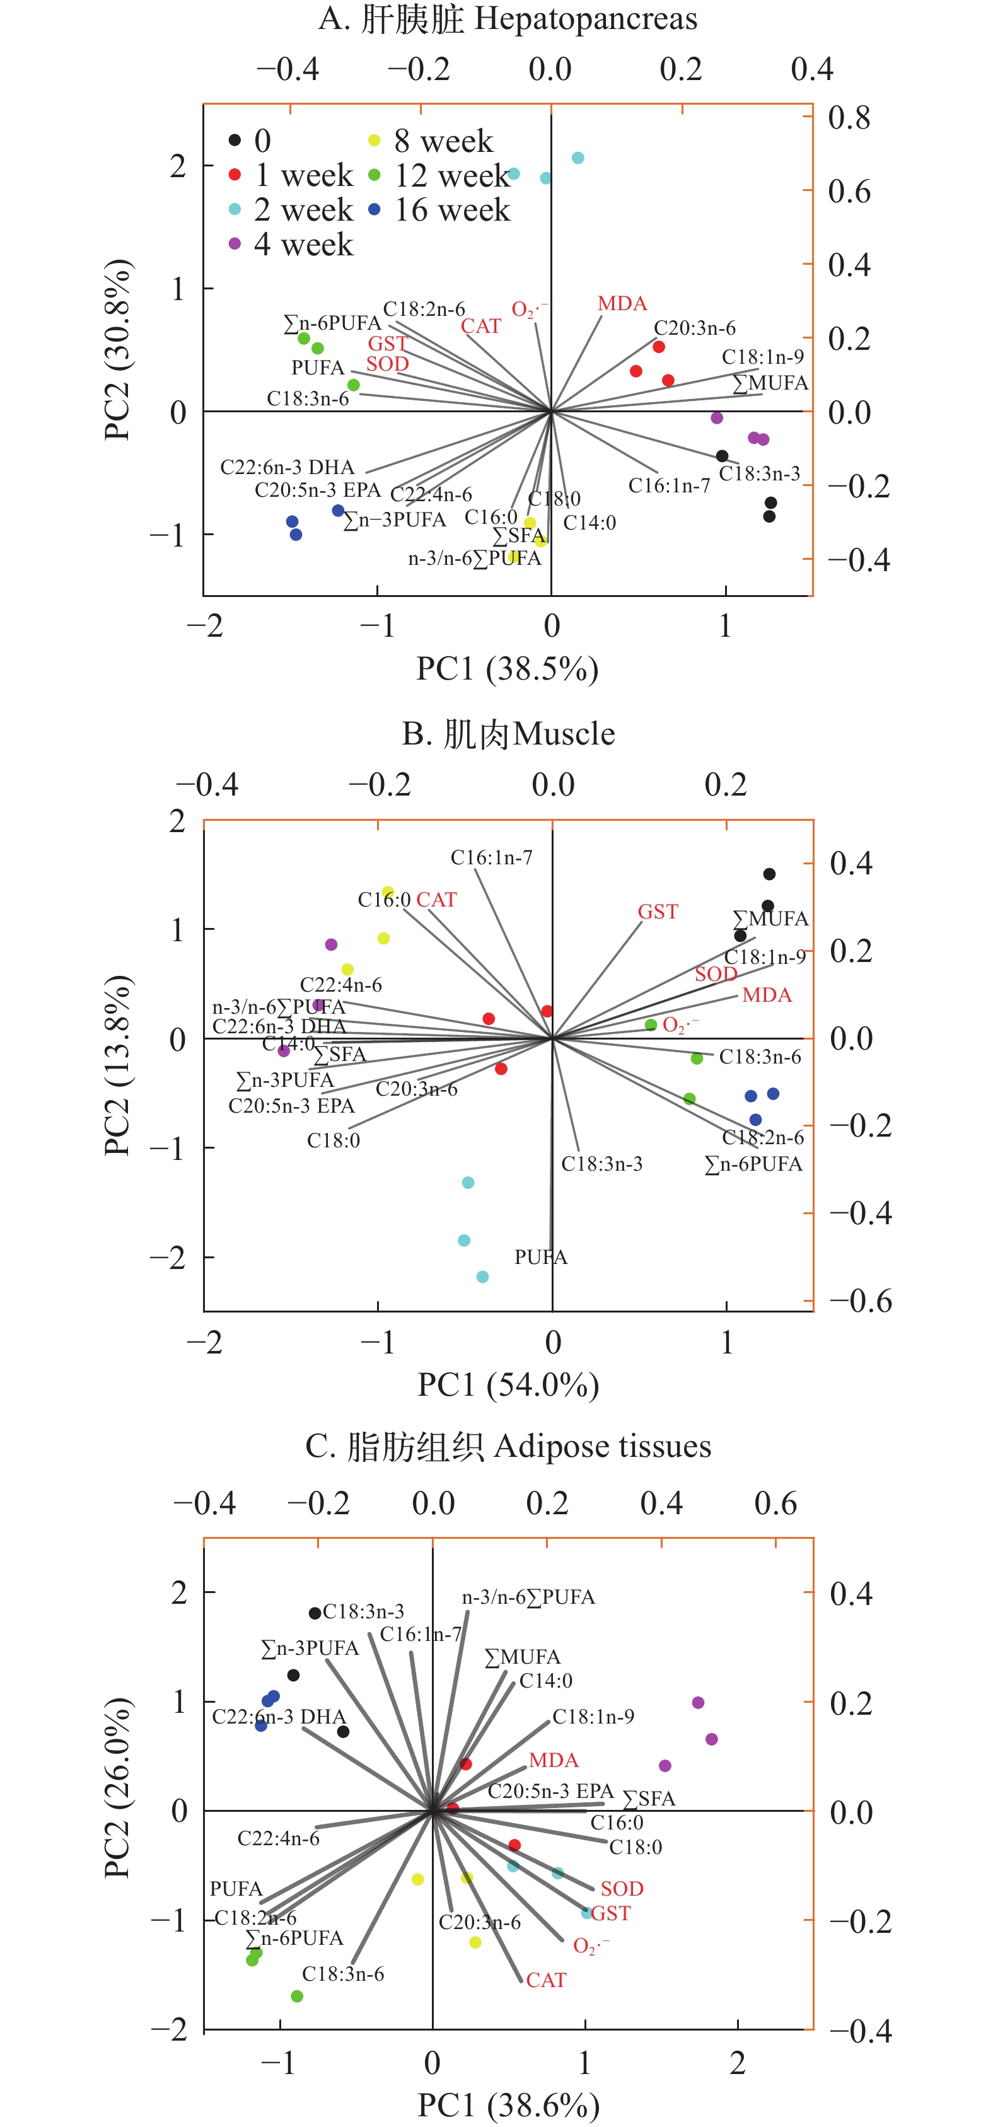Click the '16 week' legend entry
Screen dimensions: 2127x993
coord(451,211)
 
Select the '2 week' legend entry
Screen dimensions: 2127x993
coord(303,211)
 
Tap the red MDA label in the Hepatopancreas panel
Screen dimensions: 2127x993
coord(622,303)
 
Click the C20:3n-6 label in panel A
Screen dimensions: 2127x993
coord(694,328)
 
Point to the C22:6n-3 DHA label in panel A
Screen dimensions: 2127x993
coord(287,467)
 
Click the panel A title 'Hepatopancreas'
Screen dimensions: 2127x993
coord(586,18)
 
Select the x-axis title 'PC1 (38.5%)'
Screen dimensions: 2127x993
coord(508,669)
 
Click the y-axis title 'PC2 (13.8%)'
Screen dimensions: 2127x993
coord(117,1065)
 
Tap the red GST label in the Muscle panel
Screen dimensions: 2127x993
coord(658,912)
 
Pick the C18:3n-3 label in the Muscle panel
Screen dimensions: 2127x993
coord(601,1164)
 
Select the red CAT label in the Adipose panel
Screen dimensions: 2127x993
coord(546,1980)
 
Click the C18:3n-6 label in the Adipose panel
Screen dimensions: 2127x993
coord(343,1974)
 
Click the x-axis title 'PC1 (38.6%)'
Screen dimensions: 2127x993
coord(508,2105)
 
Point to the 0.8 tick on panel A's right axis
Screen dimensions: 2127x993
coord(849,118)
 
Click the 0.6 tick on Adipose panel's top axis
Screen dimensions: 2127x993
coord(775,1504)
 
